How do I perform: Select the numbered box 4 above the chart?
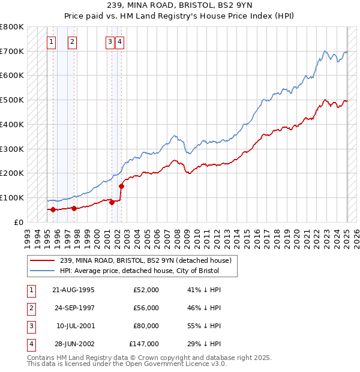point(120,42)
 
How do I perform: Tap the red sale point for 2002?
point(121,186)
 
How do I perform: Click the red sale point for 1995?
point(53,209)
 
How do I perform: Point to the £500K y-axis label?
point(12,100)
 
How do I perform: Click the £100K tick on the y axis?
point(12,197)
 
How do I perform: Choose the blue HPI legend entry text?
point(139,271)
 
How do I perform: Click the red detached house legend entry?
point(149,260)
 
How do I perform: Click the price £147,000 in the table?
point(144,344)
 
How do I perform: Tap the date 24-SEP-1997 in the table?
point(73,308)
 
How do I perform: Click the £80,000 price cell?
point(146,326)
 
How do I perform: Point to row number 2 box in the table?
point(31,308)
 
